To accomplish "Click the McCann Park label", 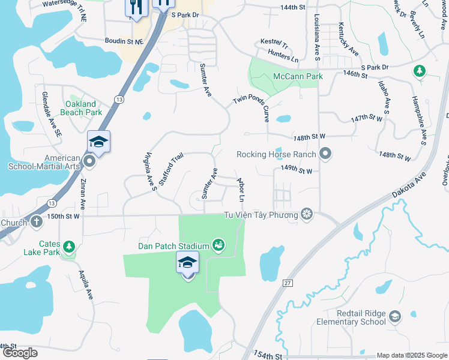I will coord(298,76).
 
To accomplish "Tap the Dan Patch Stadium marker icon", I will coord(218,245).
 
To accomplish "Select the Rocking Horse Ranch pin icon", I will coord(325,154).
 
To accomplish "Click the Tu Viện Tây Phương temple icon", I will coord(307,214).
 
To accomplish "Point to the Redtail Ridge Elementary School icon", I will coord(394,316).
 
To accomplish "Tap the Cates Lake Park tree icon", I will coord(69,246).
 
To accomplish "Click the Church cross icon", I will coord(36,223).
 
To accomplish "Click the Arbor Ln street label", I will coord(241,190).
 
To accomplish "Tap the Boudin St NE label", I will coord(123,42).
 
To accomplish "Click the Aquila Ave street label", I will coord(86,285).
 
